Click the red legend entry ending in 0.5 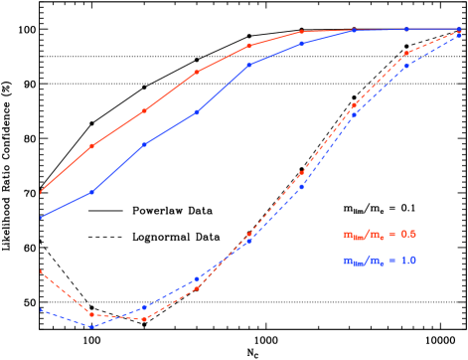click(380, 235)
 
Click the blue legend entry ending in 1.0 click(380, 261)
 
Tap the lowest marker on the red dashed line click(144, 319)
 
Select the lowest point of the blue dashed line click(91, 326)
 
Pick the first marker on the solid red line click(91, 146)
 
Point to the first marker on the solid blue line click(91, 192)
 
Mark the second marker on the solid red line click(144, 110)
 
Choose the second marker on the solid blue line click(144, 145)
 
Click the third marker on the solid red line click(197, 72)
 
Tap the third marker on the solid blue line click(197, 112)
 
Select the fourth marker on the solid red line click(249, 46)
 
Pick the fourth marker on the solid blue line click(249, 65)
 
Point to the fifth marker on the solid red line click(302, 32)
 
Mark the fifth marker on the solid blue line click(302, 44)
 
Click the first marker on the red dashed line click(91, 314)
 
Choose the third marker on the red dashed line click(197, 287)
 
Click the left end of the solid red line click(40, 193)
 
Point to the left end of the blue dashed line click(40, 309)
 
